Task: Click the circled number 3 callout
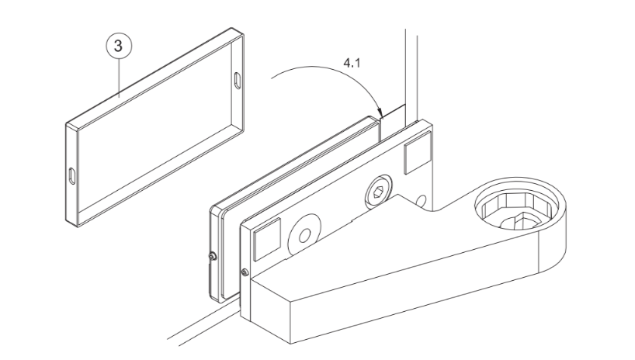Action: coord(119,46)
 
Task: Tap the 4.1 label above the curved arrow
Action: coord(352,63)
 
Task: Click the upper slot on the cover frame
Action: coord(237,81)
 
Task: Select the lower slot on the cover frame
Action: coord(72,176)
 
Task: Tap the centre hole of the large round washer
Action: coord(304,235)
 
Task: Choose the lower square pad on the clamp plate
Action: coord(266,239)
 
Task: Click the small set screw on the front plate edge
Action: coord(245,272)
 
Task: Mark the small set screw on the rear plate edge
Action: coord(212,256)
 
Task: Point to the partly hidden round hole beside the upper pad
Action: coord(422,201)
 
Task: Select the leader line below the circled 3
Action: coord(119,78)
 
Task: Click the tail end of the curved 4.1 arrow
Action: coord(272,77)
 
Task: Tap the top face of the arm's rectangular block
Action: coord(365,259)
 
